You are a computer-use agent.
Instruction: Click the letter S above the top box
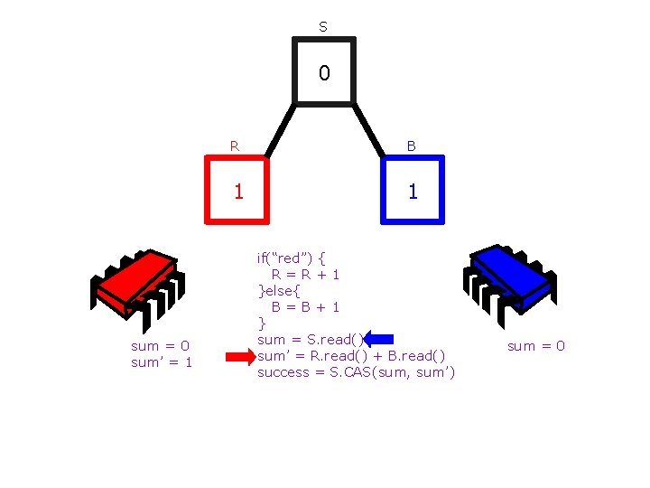pos(323,28)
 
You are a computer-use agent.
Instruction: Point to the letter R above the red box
pos(235,145)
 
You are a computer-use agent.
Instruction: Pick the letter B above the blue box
pos(412,145)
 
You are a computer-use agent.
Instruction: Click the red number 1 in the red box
pos(237,192)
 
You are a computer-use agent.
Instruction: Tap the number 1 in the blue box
pos(412,192)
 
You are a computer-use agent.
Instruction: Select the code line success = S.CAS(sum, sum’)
pos(356,372)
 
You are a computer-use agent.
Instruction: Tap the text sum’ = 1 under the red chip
pos(162,362)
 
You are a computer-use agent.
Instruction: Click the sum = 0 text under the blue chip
pos(536,345)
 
